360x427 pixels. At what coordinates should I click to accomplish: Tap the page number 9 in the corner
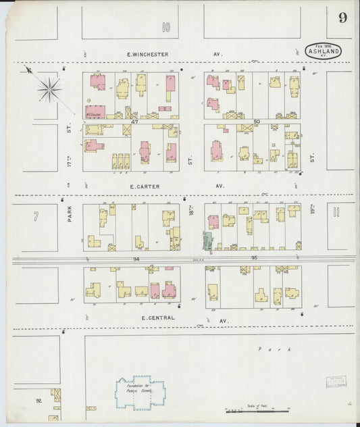click(342, 18)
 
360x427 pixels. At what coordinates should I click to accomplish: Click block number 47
click(134, 122)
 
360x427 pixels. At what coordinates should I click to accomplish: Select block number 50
click(257, 122)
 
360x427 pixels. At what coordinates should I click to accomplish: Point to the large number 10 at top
click(166, 28)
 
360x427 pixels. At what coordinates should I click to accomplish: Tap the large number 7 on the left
click(34, 216)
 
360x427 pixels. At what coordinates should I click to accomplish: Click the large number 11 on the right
click(336, 214)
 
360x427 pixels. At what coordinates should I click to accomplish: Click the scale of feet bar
click(257, 411)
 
